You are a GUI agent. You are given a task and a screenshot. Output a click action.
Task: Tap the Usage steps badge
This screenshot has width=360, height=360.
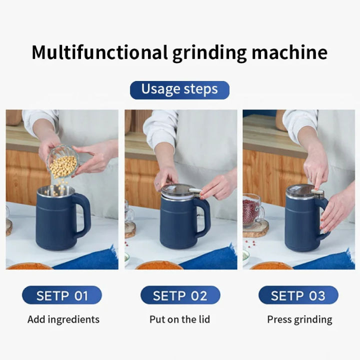179,90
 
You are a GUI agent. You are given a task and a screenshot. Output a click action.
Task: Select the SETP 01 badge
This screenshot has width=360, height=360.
62,295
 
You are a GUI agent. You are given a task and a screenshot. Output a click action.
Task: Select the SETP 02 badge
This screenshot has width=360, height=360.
180,295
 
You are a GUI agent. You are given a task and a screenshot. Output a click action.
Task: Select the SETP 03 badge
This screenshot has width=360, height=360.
298,295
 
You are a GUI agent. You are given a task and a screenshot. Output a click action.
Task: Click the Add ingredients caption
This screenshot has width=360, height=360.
63,319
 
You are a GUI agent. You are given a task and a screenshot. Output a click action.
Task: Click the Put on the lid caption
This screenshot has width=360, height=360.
179,319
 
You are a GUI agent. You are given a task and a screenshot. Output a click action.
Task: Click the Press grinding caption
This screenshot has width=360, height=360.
299,319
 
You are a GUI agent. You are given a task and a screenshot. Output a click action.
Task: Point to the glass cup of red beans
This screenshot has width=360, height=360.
251,210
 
